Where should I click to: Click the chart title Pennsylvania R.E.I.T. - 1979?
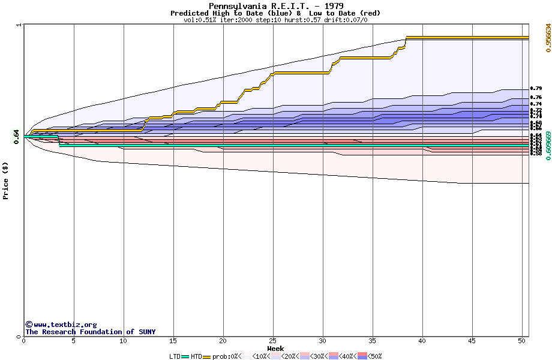[x=276, y=6]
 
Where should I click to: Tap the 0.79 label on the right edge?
[x=536, y=89]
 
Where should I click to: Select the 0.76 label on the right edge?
[x=536, y=97]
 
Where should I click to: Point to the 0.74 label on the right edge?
[x=536, y=104]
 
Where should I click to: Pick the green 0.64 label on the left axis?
[x=16, y=137]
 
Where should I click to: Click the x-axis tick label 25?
[x=273, y=341]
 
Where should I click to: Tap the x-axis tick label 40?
[x=422, y=341]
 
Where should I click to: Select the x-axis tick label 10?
[x=123, y=341]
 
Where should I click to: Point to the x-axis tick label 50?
[x=522, y=341]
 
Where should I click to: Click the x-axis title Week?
[x=275, y=348]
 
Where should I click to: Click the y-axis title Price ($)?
[x=6, y=181]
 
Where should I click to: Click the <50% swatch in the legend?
[x=362, y=356]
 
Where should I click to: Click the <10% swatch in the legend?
[x=245, y=356]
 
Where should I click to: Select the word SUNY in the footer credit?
[x=146, y=332]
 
